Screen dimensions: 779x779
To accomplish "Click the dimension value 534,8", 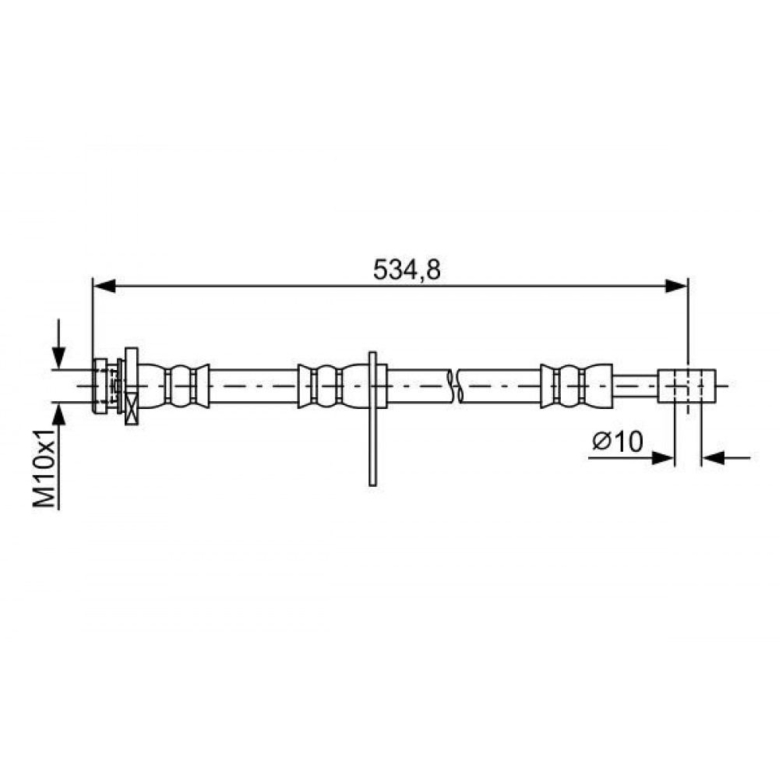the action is [x=407, y=270].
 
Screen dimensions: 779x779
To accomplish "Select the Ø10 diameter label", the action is [x=618, y=441].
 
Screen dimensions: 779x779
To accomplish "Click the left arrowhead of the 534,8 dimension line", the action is [x=104, y=286].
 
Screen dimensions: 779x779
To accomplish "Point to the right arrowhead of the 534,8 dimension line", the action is [x=677, y=286].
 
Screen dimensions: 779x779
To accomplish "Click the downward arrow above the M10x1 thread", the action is [x=58, y=344].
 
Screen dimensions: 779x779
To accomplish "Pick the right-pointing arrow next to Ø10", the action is [x=632, y=457].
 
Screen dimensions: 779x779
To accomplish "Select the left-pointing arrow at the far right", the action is [x=726, y=457].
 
